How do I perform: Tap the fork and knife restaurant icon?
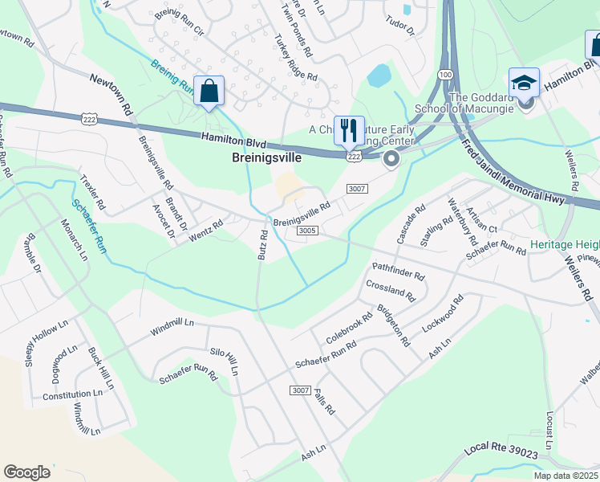349,131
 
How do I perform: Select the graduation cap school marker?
525,83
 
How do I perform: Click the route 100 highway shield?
444,74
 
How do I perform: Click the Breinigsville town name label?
266,158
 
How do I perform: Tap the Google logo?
26,472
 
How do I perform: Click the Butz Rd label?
262,244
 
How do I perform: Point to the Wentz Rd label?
205,232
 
